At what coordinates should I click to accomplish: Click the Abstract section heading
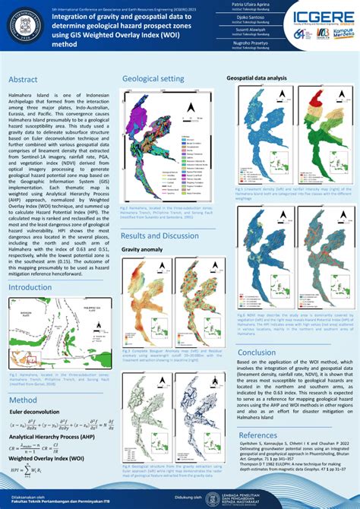click(24, 80)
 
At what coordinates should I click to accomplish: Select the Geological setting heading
click(153, 78)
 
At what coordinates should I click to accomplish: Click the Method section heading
click(22, 400)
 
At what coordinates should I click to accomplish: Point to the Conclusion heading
click(257, 353)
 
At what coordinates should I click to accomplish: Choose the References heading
click(257, 435)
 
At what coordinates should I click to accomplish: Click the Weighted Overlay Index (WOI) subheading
click(46, 459)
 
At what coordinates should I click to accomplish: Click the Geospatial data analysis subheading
click(257, 78)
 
